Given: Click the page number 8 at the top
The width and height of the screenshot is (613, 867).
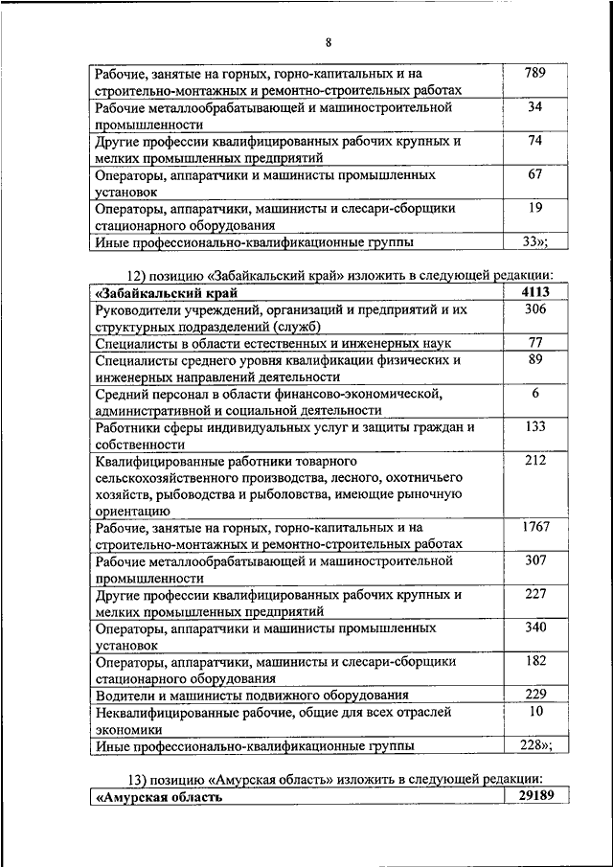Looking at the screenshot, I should pyautogui.click(x=328, y=42).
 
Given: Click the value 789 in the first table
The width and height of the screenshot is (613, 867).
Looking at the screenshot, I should pyautogui.click(x=535, y=73).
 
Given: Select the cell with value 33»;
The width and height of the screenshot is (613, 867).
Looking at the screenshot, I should pyautogui.click(x=535, y=241).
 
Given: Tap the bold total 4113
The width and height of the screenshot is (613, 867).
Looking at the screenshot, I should pyautogui.click(x=535, y=292).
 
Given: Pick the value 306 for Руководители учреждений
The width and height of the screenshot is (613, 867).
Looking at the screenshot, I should pyautogui.click(x=535, y=309).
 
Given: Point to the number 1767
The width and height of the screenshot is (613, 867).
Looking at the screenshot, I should pyautogui.click(x=535, y=527).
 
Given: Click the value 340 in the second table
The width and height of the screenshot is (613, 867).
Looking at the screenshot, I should pyautogui.click(x=535, y=627).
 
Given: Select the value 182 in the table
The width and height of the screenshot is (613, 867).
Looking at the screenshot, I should pyautogui.click(x=535, y=661).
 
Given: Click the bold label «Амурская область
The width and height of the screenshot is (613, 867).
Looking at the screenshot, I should pyautogui.click(x=159, y=797).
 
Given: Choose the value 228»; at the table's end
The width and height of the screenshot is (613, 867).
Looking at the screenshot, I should pyautogui.click(x=535, y=745).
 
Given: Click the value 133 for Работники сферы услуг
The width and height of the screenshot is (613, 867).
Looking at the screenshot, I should pyautogui.click(x=535, y=426).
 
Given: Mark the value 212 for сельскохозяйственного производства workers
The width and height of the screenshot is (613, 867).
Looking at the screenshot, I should pyautogui.click(x=535, y=460).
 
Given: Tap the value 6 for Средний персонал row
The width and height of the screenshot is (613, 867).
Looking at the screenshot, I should pyautogui.click(x=535, y=393).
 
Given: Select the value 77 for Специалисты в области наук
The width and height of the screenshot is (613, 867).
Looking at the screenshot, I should pyautogui.click(x=535, y=342).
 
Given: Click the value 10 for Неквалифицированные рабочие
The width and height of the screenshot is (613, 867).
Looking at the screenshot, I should pyautogui.click(x=535, y=712).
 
